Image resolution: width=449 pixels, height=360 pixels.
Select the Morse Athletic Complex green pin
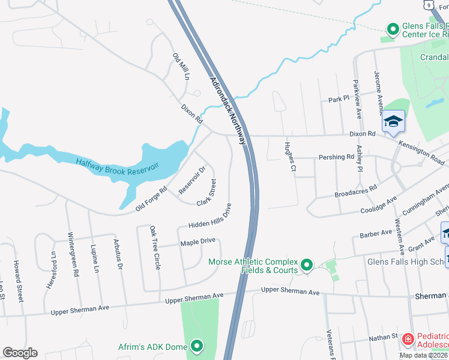pyautogui.click(x=307, y=265)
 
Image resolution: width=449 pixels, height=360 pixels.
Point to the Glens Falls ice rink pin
pyautogui.click(x=393, y=29)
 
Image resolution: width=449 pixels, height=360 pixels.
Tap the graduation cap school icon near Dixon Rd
pyautogui.click(x=394, y=122)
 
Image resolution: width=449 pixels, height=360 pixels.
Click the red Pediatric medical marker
pyautogui.click(x=408, y=340)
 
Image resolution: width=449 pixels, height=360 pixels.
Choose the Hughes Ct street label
pyautogui.click(x=289, y=157)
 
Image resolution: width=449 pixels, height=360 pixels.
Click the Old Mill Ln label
pyautogui.click(x=181, y=67)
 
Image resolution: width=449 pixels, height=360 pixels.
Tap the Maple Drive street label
pyautogui.click(x=197, y=242)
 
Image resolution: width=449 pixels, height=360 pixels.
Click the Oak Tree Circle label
pyautogui.click(x=155, y=247)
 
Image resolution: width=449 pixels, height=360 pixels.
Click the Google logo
pyautogui.click(x=20, y=353)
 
